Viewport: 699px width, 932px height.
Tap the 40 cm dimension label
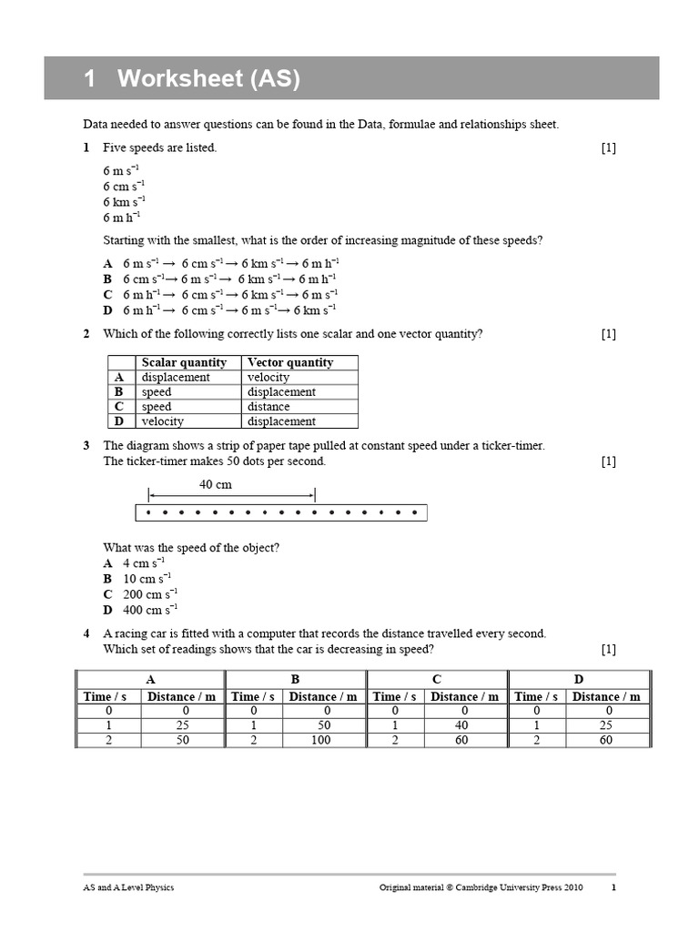216,485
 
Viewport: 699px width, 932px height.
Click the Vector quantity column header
290,362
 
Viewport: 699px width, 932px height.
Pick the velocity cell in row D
163,421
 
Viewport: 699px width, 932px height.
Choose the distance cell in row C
268,407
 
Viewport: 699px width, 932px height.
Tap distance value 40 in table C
464,725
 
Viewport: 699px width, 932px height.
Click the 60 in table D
605,741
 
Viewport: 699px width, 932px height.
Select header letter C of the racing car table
437,680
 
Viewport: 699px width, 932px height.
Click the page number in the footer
613,887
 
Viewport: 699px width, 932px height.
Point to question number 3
86,446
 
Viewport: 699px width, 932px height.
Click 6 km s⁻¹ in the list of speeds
124,202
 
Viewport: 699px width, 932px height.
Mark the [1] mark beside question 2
608,334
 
